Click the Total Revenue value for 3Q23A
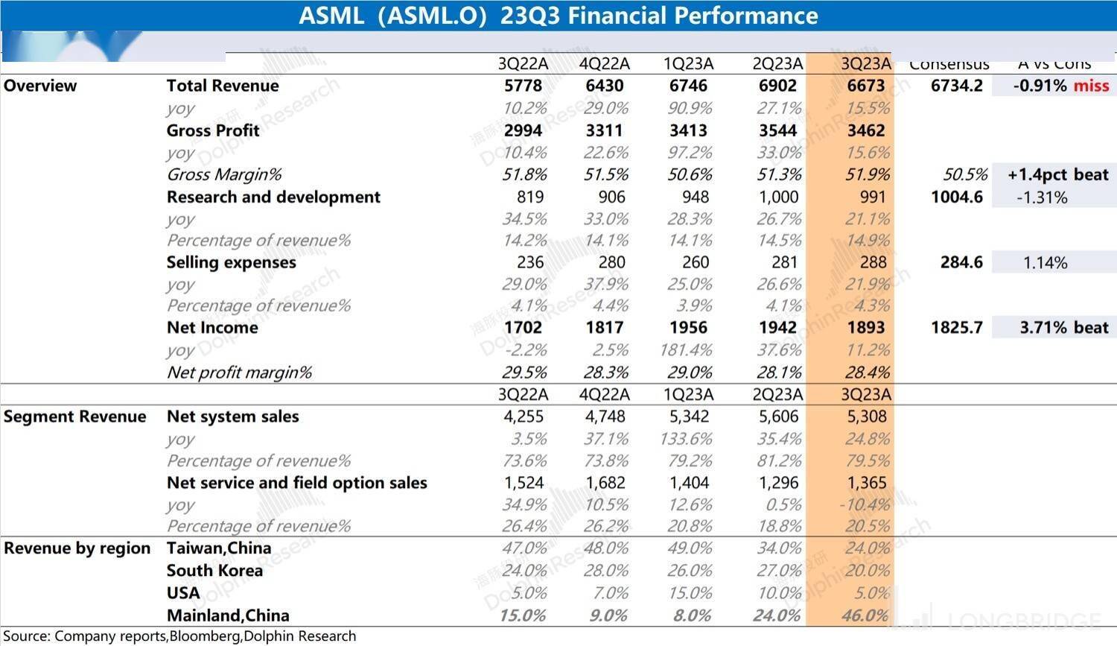865,86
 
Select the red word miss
1091,86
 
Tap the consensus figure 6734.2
956,86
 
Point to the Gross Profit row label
213,130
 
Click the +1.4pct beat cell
1057,175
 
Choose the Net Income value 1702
523,328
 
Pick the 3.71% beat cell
1063,328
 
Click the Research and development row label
273,197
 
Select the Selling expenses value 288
873,262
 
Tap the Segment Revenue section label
74,417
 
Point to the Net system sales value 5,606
778,417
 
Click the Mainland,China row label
228,615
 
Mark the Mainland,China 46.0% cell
865,615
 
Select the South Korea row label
214,571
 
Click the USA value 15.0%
690,593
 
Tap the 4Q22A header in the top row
604,64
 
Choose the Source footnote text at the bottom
179,636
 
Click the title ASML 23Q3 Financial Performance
558,16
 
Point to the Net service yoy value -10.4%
865,504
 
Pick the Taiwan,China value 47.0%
524,548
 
